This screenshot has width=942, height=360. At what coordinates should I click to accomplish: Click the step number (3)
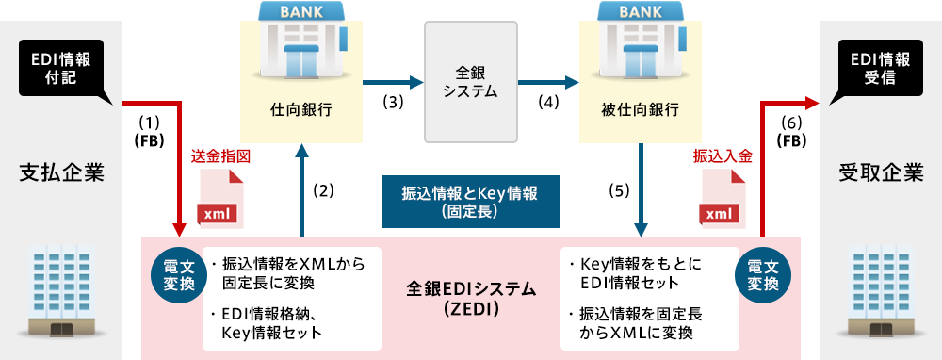(x=393, y=101)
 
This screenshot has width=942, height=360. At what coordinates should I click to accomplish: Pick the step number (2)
(x=323, y=189)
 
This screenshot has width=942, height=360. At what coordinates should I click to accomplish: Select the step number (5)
(x=619, y=189)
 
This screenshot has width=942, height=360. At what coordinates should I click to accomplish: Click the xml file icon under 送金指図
(x=219, y=199)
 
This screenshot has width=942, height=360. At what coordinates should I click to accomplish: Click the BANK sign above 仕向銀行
(x=301, y=13)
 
